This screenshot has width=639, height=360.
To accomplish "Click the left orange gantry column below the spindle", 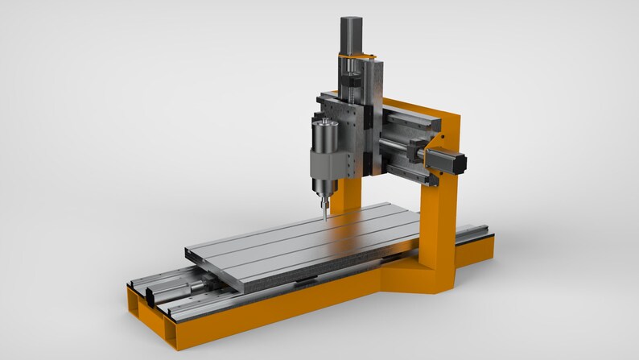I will coord(348,193).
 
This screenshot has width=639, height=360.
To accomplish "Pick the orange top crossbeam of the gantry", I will coord(418,109).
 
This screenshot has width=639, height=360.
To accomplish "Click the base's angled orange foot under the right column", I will coord(418,278).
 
